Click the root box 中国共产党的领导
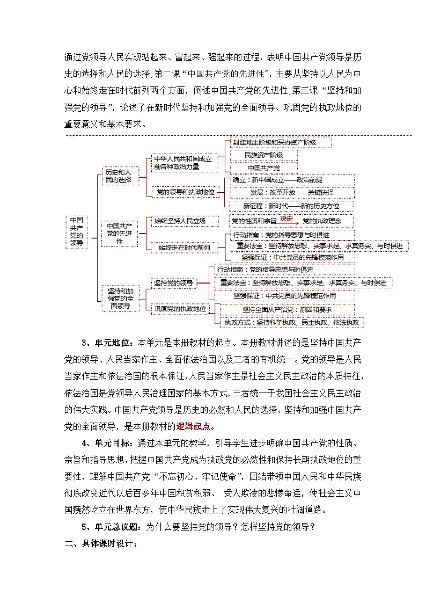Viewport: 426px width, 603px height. point(77,231)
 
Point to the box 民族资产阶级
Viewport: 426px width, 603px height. point(263,155)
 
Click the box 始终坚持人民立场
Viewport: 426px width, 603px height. point(179,221)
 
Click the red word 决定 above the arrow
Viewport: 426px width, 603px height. point(287,219)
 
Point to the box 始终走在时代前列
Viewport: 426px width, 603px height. point(184,247)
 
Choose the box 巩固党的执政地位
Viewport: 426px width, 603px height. point(179,309)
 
